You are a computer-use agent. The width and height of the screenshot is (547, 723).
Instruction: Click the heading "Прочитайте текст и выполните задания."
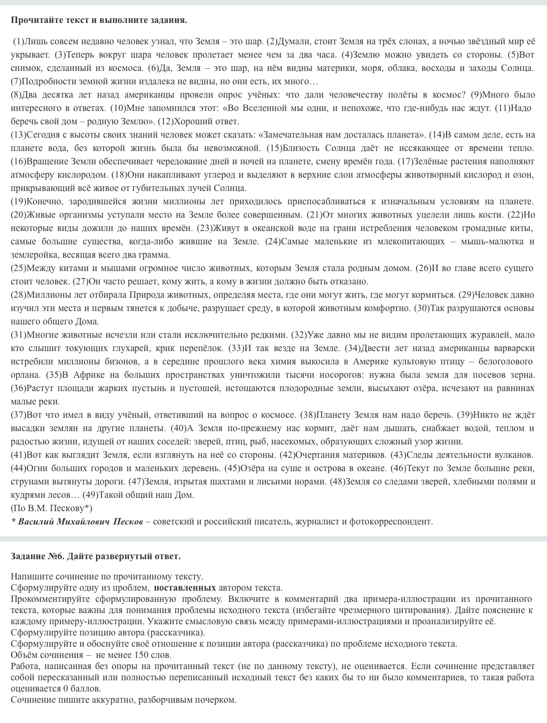point(99,20)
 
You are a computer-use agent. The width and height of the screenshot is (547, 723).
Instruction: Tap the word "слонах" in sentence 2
point(413,42)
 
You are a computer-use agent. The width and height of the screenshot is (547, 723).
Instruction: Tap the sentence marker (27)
point(80,282)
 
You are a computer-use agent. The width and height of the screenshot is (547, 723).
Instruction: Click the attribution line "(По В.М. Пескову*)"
point(51,509)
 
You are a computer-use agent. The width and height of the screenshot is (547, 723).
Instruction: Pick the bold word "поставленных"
point(185,588)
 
